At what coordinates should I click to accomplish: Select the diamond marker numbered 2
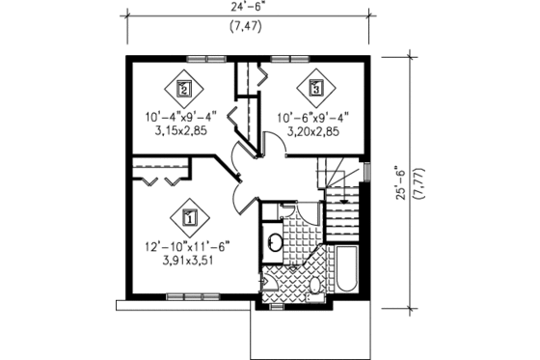186,89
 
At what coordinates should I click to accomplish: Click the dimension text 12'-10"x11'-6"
189,244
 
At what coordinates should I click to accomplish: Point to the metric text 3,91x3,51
189,260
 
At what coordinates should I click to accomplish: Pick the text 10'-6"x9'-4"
312,120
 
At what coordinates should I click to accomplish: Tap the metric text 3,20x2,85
312,134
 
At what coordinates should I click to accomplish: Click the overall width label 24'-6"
249,9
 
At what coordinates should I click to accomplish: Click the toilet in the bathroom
316,286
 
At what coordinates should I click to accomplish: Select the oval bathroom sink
273,240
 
